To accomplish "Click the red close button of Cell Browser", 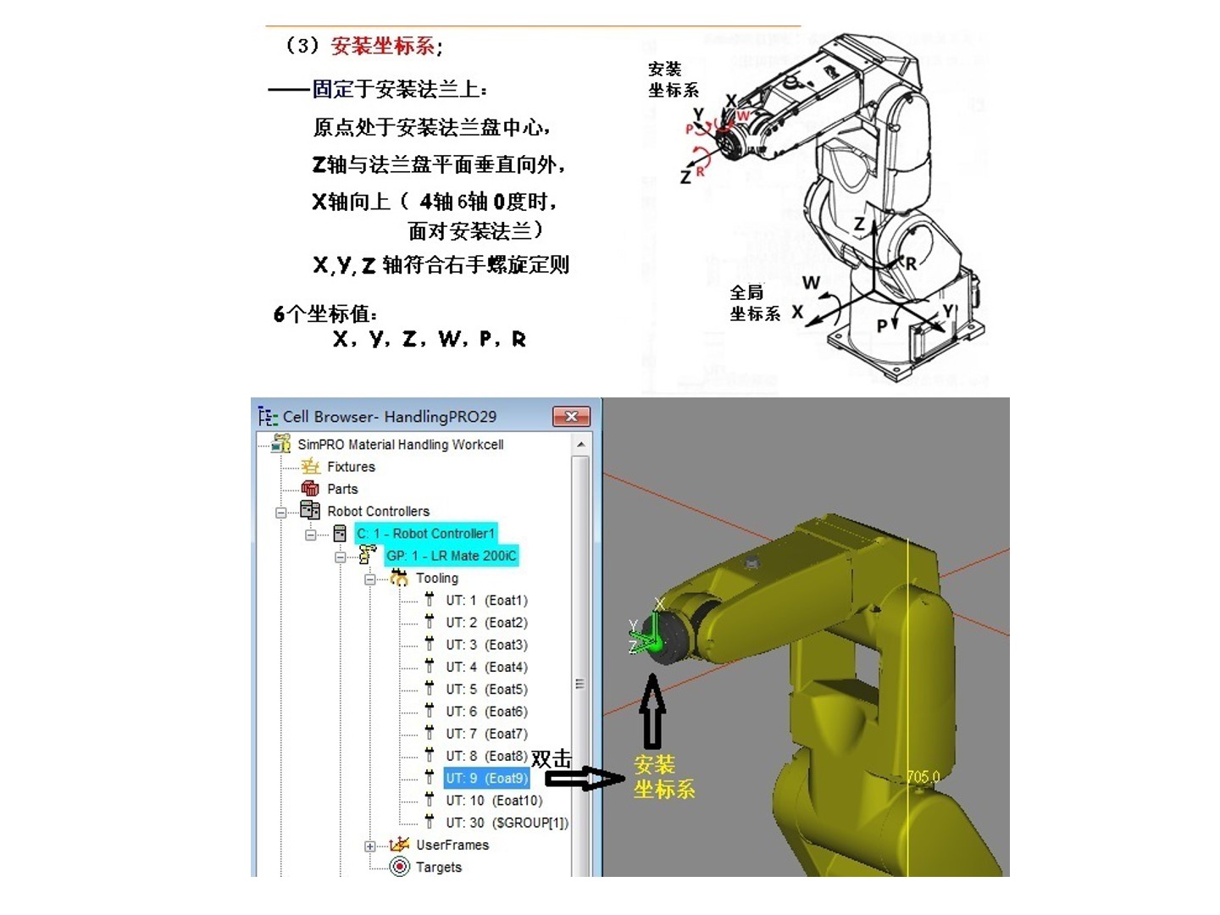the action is click(571, 417).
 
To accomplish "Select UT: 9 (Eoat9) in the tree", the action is click(487, 778).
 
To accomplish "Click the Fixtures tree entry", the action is click(351, 467).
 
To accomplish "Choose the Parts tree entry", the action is click(342, 489).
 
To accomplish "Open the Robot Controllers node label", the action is click(378, 511).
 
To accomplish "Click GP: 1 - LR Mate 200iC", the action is click(452, 556).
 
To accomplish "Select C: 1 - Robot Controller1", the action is click(426, 534).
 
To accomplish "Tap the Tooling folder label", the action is click(437, 578).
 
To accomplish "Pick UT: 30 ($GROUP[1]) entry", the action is click(507, 822).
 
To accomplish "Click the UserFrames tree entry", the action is click(452, 845).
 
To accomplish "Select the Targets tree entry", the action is click(439, 867).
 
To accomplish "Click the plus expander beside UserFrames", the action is click(369, 846).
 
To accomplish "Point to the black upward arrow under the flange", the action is click(652, 711).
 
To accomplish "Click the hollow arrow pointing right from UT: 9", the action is click(585, 779).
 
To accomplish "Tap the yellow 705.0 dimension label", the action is click(923, 776).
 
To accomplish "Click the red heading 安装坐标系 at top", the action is click(382, 46).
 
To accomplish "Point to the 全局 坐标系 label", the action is click(754, 302).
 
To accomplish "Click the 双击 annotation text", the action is click(551, 758).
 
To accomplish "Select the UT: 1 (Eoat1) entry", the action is click(486, 600).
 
